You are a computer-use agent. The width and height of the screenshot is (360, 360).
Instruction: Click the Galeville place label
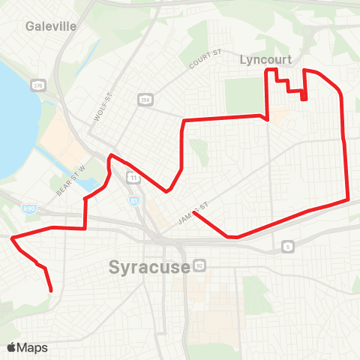(51, 26)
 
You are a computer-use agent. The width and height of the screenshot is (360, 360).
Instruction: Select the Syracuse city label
(149, 267)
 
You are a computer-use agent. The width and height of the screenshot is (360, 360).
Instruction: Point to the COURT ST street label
(207, 61)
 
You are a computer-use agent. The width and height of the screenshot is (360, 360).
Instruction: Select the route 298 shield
(145, 99)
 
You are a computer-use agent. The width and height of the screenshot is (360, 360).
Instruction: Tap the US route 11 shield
(133, 178)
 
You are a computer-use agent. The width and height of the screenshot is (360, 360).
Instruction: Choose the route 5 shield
(288, 246)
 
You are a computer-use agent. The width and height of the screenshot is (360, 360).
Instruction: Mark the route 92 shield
(199, 265)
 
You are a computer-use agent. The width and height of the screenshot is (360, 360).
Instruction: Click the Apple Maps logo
(27, 347)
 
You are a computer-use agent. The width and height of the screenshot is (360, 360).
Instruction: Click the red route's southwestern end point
(51, 290)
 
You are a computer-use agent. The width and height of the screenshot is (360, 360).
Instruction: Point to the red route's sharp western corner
(12, 238)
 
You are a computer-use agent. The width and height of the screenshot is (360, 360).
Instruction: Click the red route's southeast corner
(348, 199)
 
